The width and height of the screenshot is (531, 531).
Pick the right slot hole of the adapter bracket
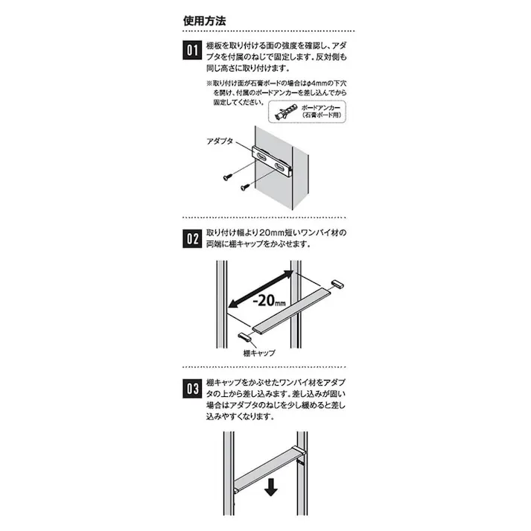(x=281, y=165)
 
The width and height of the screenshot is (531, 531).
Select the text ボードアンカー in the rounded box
(x=320, y=109)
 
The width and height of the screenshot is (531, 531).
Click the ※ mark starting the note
(x=209, y=84)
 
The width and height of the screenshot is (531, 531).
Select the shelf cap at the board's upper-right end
(x=335, y=284)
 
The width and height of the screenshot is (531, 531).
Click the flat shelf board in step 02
(x=291, y=312)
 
